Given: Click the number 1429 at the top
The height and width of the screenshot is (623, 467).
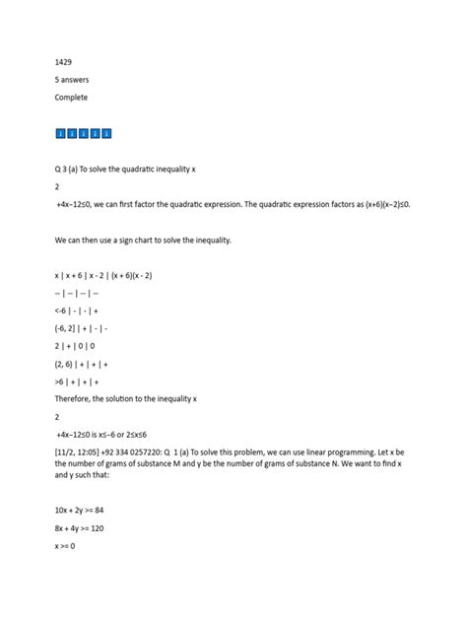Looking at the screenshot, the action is click(63, 62).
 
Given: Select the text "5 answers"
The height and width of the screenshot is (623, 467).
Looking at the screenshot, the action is click(73, 80).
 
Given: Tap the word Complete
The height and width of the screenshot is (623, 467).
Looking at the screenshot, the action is click(72, 98).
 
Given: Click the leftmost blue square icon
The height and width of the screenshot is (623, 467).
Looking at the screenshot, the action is click(60, 133).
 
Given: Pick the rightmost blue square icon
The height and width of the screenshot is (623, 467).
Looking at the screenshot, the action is click(106, 133).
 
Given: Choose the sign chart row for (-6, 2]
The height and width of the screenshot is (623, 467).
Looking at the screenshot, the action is click(84, 327).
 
